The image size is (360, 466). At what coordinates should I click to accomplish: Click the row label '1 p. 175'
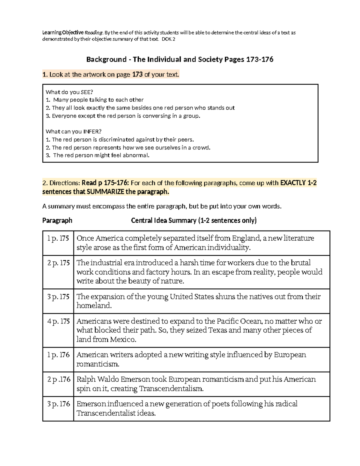point(58,239)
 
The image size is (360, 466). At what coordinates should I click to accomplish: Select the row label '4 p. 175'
point(58,321)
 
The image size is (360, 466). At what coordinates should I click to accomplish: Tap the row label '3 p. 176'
point(58,404)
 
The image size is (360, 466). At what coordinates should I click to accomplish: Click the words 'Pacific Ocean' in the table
point(238,321)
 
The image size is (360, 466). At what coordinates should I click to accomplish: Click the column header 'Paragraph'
point(57,221)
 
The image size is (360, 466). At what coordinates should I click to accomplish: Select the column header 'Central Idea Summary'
point(163,221)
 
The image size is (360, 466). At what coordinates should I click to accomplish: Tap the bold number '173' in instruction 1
point(137,74)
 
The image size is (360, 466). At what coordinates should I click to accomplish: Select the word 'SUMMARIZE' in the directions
point(105,192)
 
